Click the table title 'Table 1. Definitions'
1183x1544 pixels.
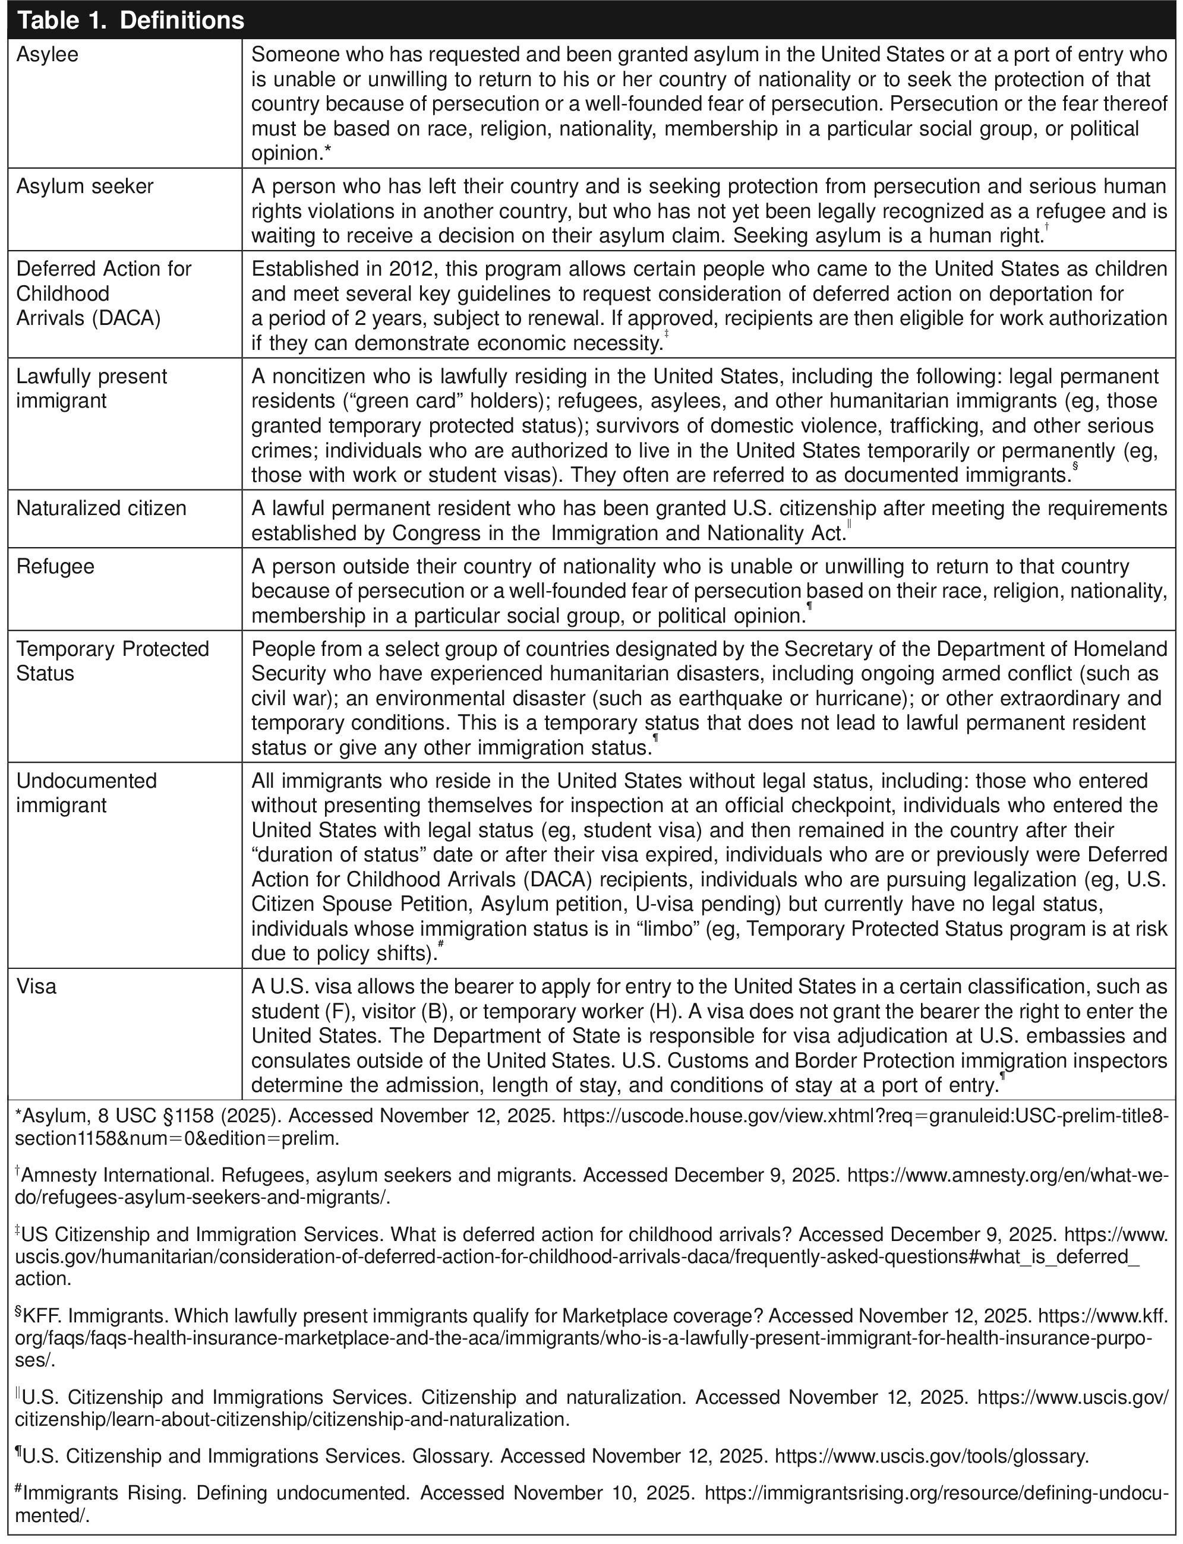click(130, 20)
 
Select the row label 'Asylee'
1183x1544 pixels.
click(47, 55)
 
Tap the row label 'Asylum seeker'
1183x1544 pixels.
click(84, 187)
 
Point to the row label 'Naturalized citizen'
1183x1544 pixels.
click(102, 509)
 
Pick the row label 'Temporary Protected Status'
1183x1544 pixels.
click(113, 661)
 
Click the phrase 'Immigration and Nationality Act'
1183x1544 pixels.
click(697, 533)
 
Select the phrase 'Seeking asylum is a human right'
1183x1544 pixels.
click(887, 236)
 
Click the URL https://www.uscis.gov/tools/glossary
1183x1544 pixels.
click(931, 1455)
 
